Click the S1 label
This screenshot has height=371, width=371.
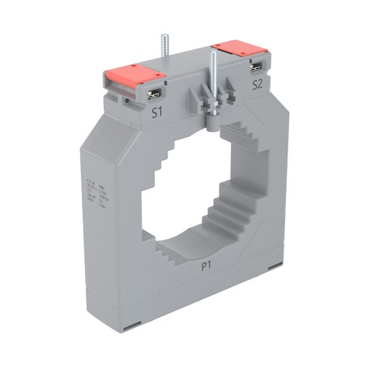coord(159,113)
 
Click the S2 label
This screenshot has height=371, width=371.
coord(257,83)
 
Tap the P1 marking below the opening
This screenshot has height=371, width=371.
coord(207,265)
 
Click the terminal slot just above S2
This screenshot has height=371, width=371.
coord(256,65)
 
